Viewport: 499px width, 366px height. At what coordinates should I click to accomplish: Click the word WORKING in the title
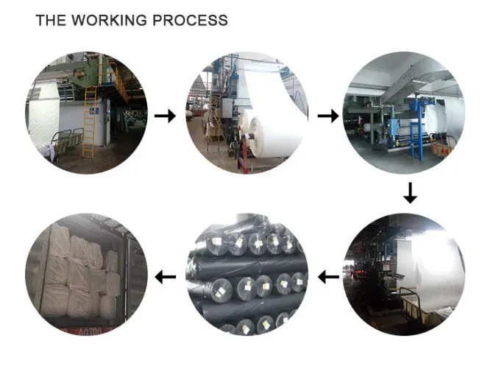109,20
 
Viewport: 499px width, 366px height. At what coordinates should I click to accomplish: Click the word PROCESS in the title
190,20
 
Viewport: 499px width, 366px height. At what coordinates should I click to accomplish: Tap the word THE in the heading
51,20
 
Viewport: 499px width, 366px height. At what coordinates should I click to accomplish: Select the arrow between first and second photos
165,116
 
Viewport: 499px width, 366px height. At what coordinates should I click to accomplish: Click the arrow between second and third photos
328,116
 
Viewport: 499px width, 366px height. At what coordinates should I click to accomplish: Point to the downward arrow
410,193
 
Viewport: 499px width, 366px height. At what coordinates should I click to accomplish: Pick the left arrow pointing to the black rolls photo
328,277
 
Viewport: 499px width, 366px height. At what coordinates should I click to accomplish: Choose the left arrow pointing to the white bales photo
166,277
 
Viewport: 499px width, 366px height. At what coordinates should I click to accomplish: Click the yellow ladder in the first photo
90,122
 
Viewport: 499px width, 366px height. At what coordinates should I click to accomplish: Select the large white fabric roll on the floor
274,137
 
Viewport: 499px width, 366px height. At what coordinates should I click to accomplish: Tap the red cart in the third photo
442,147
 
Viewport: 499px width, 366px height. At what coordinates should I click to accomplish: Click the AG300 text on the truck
90,331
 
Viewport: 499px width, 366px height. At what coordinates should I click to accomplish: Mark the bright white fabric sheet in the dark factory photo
436,267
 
